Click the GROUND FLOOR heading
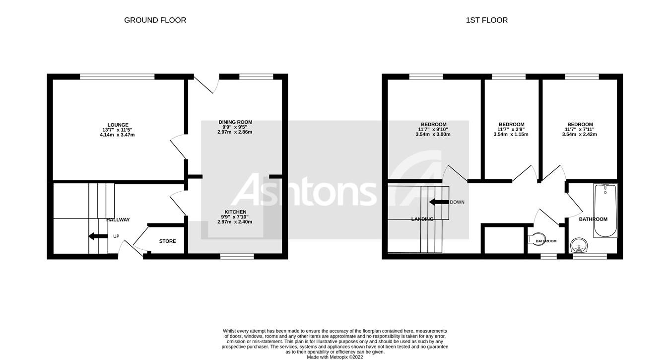tap(155, 20)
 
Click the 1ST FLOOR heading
tap(486, 20)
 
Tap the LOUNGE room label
tap(118, 125)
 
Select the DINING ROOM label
tap(235, 122)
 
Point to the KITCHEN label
tap(235, 212)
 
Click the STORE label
tap(167, 241)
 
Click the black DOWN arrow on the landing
tap(439, 202)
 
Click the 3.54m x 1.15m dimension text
tap(511, 135)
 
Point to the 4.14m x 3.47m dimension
tap(118, 135)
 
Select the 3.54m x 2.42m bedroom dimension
tap(580, 135)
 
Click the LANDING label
tap(422, 219)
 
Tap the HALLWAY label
tap(118, 219)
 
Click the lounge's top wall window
tap(117, 76)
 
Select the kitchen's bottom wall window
tap(237, 257)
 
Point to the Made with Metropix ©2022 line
tap(335, 357)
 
